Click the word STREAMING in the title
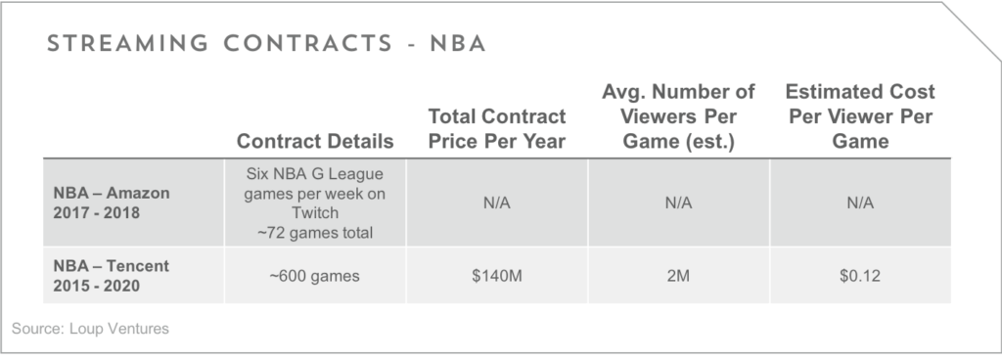click(x=128, y=44)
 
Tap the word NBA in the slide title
click(x=458, y=44)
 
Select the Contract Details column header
click(x=315, y=141)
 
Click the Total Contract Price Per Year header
click(x=496, y=128)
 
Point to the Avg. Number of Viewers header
click(x=678, y=116)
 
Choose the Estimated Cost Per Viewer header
click(x=860, y=116)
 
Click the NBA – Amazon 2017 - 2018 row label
click(x=112, y=202)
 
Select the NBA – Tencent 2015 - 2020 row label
click(x=112, y=276)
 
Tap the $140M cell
click(x=496, y=276)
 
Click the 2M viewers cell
click(x=678, y=276)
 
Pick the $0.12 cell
click(x=860, y=276)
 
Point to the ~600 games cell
click(x=314, y=276)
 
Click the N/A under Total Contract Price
click(x=496, y=202)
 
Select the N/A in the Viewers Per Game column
click(x=678, y=202)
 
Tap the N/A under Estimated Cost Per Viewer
click(x=860, y=202)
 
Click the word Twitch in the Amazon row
click(x=314, y=212)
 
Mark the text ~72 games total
click(x=314, y=233)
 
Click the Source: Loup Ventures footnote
click(x=90, y=329)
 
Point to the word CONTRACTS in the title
click(x=308, y=44)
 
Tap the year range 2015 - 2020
click(x=97, y=286)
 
